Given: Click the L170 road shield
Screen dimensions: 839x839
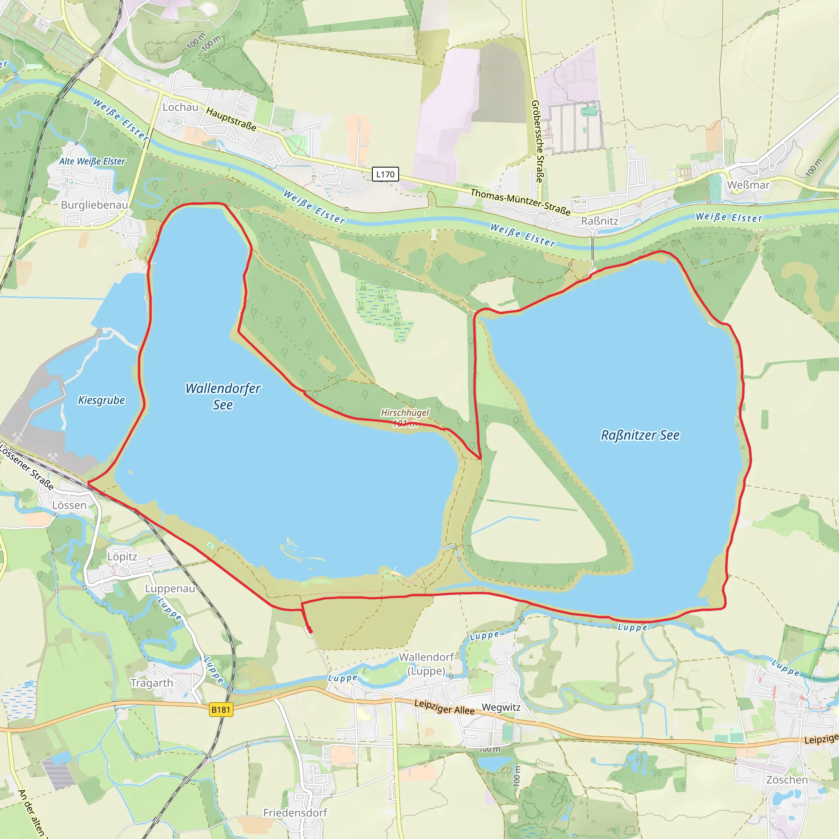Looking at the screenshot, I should tap(385, 174).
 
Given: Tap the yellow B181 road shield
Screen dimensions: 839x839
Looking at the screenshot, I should tap(221, 710).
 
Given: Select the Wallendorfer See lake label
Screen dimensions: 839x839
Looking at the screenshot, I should tap(223, 396).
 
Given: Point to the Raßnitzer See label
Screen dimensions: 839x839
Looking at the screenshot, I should tap(640, 435).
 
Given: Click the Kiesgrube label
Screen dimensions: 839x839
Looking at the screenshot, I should tap(101, 400).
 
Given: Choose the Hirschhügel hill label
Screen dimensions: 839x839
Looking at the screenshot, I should tap(405, 413).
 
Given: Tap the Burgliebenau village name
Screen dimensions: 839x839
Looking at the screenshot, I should tap(94, 205).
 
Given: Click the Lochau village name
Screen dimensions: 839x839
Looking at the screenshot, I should tap(180, 107).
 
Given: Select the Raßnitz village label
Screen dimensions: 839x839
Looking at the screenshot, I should tap(600, 221).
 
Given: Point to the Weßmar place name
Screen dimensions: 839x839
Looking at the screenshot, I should tap(748, 185).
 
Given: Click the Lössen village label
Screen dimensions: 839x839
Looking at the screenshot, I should tap(69, 506).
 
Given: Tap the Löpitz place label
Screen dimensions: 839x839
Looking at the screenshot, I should tap(122, 557).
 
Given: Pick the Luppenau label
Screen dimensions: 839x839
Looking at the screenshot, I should tap(170, 589).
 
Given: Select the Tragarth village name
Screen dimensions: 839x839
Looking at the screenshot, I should tap(152, 683).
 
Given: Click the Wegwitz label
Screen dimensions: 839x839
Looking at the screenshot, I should tap(501, 707).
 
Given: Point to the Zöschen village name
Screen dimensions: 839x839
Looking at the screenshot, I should tap(787, 780).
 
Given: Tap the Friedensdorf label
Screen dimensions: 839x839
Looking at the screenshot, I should tap(295, 813).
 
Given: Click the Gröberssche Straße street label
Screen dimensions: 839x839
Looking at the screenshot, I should tap(537, 141).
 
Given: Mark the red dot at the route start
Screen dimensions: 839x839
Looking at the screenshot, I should tap(310, 630).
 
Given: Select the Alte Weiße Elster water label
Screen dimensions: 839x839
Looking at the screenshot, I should tap(92, 161).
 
